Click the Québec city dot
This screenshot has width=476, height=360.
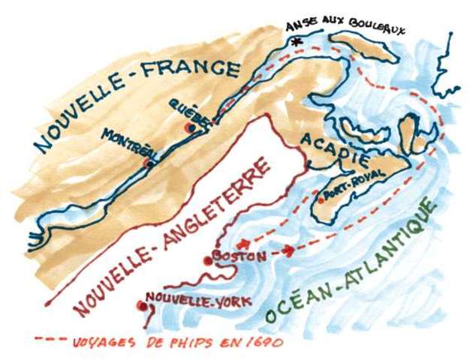coord(191,129)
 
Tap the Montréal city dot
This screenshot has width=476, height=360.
coord(148,162)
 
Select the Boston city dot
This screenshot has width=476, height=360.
coord(208,261)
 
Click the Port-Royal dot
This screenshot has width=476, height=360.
coord(321,197)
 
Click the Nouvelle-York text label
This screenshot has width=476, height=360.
coord(177,298)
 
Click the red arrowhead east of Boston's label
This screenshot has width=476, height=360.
coord(291,248)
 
